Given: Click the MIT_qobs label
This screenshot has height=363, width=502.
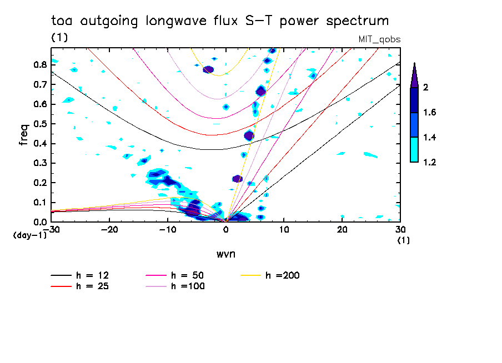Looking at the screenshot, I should coord(380,39).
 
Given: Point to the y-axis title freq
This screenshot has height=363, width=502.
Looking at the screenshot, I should coord(23,135).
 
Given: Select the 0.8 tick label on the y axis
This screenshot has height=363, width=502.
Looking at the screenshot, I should coord(39,64).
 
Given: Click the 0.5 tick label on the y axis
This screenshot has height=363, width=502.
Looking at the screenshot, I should coord(39,124).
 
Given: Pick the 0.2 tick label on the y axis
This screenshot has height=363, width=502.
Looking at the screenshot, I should coord(39,183).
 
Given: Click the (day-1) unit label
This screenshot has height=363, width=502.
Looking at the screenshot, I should coord(29,235).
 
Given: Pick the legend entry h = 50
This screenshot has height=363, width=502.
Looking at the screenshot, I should coord(189,275).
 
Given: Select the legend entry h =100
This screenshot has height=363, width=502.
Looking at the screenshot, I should coord(189,286).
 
